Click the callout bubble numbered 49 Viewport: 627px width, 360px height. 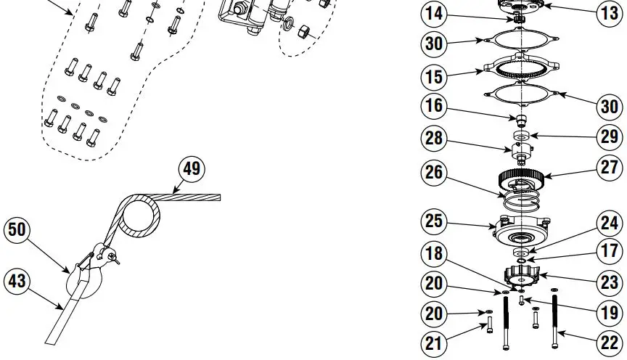point(192,169)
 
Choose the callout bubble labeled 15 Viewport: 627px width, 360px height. point(434,75)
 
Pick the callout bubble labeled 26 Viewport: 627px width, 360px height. point(434,173)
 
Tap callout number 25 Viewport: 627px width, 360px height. point(434,221)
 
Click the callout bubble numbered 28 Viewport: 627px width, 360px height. point(434,138)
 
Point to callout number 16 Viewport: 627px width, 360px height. point(434,107)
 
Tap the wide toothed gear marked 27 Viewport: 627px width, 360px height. point(520,177)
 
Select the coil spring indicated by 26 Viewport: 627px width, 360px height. point(520,198)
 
